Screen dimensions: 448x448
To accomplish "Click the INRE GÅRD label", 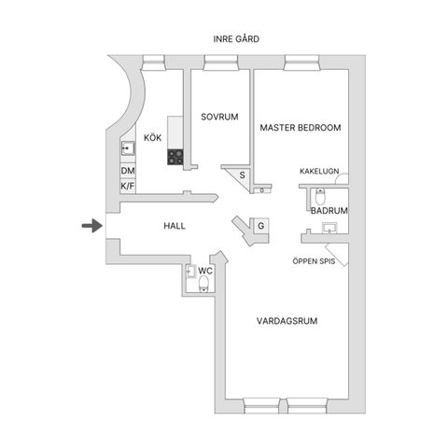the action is point(236,39).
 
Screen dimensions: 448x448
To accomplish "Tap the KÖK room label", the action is point(152,137).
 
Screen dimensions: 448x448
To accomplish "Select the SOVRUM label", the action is point(219,117).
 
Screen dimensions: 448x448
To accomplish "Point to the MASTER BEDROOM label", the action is point(301,128).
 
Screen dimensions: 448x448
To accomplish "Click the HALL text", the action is point(175,226).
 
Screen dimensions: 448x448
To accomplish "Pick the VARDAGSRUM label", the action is point(287,321).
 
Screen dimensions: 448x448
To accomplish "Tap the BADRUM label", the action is point(329,211).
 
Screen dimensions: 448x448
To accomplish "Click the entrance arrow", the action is point(92,226).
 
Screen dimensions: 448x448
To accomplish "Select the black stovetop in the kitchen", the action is point(175,157).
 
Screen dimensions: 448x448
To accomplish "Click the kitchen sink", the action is point(128,148).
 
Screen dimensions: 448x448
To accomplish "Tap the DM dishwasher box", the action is point(128,171).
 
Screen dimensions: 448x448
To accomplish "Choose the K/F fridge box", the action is point(128,187).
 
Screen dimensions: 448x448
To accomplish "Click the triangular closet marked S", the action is point(241,175).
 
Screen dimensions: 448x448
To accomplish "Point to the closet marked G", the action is point(260,226).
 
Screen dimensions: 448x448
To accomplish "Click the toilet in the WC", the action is point(203,284).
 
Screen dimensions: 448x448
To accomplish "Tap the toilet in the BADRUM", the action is point(320,196).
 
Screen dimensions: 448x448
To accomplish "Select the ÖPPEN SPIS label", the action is point(314,261).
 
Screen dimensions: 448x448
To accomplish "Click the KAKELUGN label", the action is point(319,171).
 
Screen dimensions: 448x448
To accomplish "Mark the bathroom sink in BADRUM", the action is point(329,228).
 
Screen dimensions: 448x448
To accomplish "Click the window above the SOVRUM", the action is point(220,63).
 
